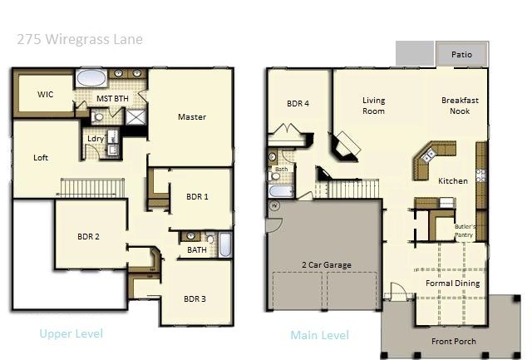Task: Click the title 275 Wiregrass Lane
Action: pyautogui.click(x=80, y=39)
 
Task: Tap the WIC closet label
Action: pyautogui.click(x=46, y=94)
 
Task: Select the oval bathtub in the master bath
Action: pyautogui.click(x=91, y=78)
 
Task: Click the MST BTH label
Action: pyautogui.click(x=112, y=98)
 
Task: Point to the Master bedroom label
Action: pyautogui.click(x=192, y=116)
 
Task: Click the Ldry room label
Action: pyautogui.click(x=96, y=139)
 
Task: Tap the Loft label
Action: pyautogui.click(x=41, y=157)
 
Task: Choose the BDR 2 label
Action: pyautogui.click(x=88, y=236)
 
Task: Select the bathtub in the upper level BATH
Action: pyautogui.click(x=225, y=244)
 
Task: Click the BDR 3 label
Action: pyautogui.click(x=195, y=299)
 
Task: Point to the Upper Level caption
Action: pyautogui.click(x=71, y=333)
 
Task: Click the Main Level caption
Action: pyautogui.click(x=319, y=335)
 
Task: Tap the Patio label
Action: pyautogui.click(x=461, y=54)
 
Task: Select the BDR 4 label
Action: pyautogui.click(x=298, y=103)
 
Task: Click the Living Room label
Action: pyautogui.click(x=373, y=106)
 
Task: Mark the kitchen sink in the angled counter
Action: pyautogui.click(x=428, y=155)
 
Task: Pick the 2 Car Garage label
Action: pyautogui.click(x=327, y=265)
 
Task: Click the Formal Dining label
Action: pyautogui.click(x=452, y=284)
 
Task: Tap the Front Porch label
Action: pyautogui.click(x=454, y=342)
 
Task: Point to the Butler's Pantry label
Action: pyautogui.click(x=465, y=231)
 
